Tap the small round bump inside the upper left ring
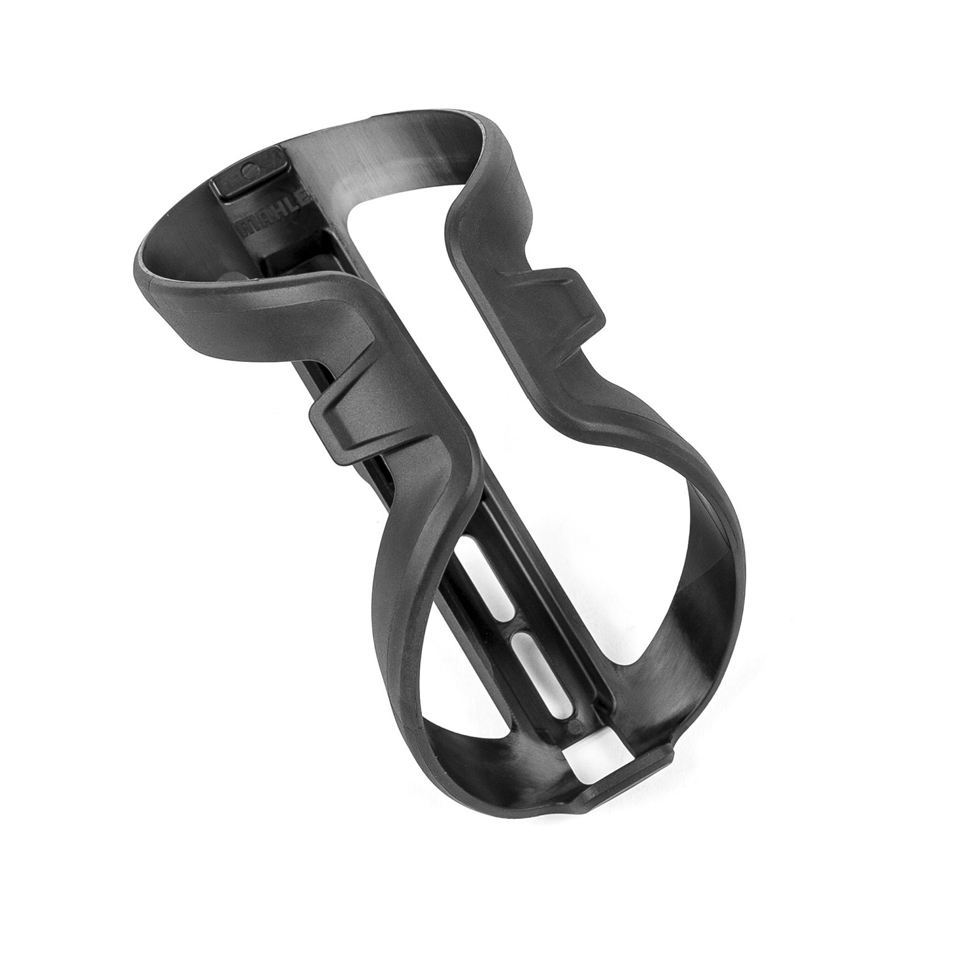pos(233,275)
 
